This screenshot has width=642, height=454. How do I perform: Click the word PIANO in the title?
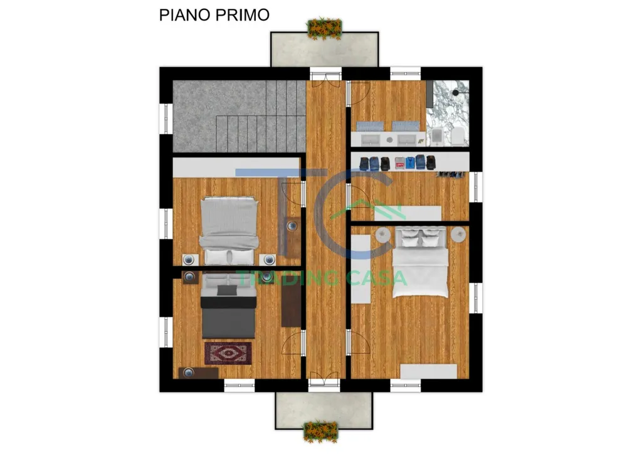click(x=185, y=15)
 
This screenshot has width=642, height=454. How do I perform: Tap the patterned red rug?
click(x=228, y=353)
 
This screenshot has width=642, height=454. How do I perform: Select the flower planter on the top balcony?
click(x=324, y=28)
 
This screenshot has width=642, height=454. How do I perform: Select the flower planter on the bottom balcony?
click(x=320, y=431)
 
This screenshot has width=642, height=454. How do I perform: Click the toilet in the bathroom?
click(x=458, y=136)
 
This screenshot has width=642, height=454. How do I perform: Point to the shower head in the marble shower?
click(x=455, y=93)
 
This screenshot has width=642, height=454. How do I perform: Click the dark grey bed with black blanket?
click(x=228, y=305)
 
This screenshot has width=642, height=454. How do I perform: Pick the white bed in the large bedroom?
click(x=420, y=262)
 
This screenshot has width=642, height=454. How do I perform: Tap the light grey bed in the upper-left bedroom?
click(x=229, y=231)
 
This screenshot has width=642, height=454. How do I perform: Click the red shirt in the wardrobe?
click(x=399, y=164)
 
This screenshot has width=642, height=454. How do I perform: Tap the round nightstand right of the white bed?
click(x=458, y=235)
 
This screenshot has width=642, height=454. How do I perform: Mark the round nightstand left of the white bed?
click(x=383, y=235)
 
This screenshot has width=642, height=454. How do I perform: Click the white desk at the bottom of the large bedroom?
click(x=428, y=371)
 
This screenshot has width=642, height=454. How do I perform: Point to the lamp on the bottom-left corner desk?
click(x=188, y=372)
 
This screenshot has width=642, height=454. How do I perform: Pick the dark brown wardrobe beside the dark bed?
click(x=291, y=304)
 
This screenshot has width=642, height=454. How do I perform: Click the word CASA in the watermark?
click(x=376, y=278)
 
